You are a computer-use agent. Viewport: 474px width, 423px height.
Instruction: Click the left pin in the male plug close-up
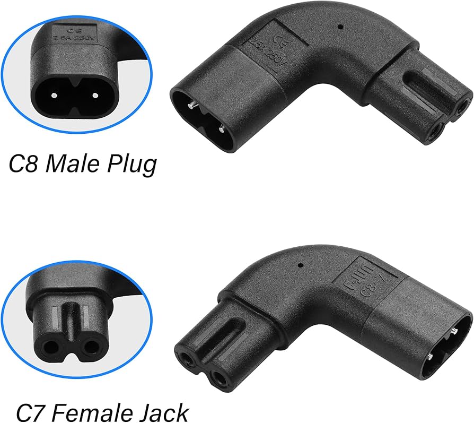[x=54, y=96]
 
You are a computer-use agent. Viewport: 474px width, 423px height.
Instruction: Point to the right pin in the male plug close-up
[x=95, y=96]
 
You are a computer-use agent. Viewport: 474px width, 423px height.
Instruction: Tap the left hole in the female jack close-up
[x=52, y=347]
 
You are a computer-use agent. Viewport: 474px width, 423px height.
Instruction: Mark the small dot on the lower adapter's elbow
[x=301, y=264]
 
